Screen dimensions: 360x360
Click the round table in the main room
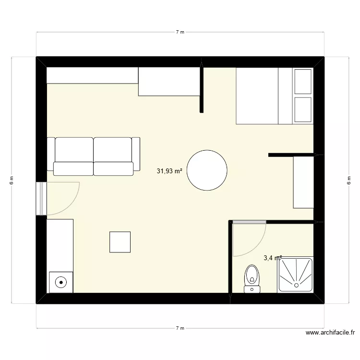(x=207, y=170)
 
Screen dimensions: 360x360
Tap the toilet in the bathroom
(x=252, y=278)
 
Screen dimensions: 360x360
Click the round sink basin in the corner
(x=61, y=282)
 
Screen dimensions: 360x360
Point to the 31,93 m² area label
(x=169, y=170)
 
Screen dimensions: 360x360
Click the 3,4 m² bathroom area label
(x=272, y=258)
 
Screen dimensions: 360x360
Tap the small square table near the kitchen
(x=120, y=241)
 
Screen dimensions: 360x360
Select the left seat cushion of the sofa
(x=73, y=168)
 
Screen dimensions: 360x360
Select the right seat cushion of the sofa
(x=113, y=168)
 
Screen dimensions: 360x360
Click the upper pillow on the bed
(x=303, y=81)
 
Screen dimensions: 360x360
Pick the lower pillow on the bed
(x=303, y=109)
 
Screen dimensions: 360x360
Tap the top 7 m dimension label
(x=180, y=32)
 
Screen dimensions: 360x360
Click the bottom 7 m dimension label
(x=180, y=328)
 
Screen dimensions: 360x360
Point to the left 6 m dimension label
(x=12, y=180)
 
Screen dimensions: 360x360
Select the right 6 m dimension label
(x=348, y=180)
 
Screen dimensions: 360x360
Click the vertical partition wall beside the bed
(x=202, y=89)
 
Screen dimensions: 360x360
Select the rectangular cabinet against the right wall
(x=303, y=182)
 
